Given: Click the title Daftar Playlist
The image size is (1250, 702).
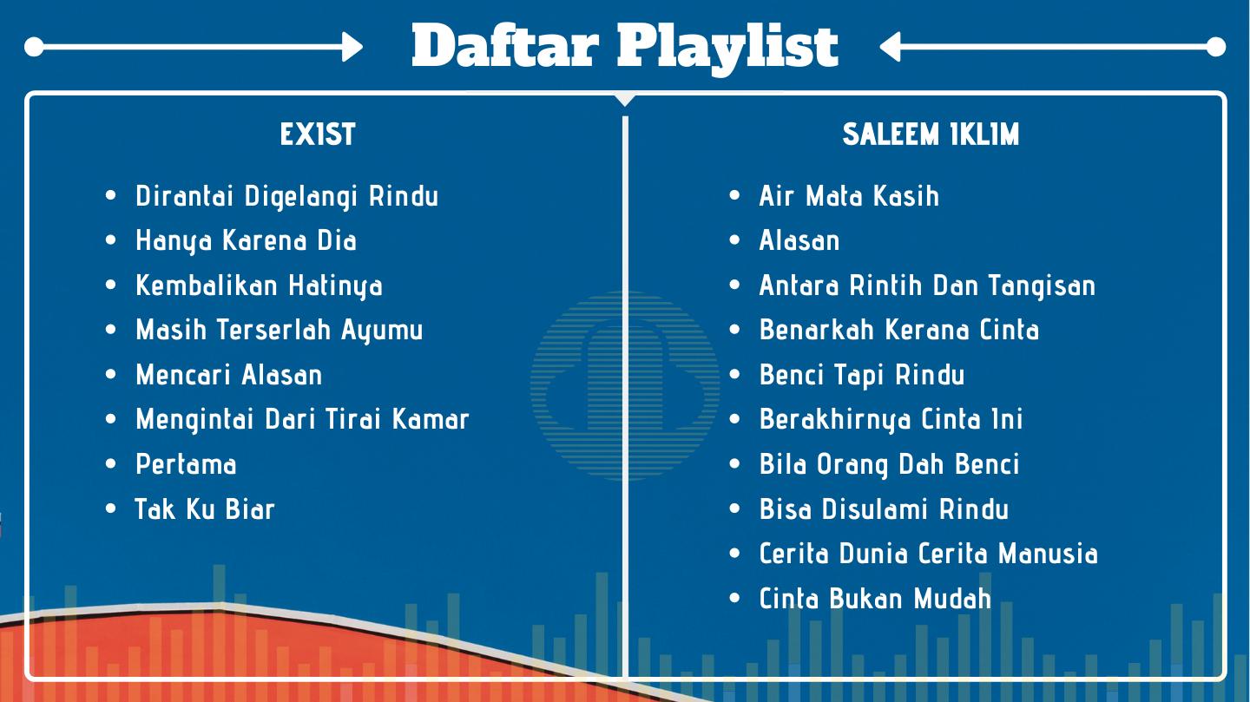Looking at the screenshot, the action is (x=625, y=47).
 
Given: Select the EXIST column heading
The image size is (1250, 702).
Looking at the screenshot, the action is (x=318, y=134).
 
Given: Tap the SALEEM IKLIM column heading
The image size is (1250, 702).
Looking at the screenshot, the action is (x=931, y=134).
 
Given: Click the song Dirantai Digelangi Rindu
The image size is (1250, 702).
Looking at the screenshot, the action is (x=286, y=196).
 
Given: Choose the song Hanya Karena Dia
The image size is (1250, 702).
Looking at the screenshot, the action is (x=247, y=241).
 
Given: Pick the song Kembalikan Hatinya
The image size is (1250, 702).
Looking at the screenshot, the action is (x=259, y=285).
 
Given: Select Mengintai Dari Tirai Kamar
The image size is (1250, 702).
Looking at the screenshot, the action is (x=302, y=420).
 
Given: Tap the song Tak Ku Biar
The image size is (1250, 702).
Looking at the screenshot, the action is (x=205, y=508).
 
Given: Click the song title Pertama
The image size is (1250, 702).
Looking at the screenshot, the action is (x=186, y=464).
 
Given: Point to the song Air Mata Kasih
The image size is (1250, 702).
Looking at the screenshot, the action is (x=849, y=196).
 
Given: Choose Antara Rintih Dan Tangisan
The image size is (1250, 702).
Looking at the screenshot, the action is (x=927, y=285).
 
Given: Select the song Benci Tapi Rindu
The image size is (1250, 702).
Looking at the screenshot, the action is (x=862, y=375).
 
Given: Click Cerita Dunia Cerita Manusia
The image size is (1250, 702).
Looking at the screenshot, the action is (x=928, y=554).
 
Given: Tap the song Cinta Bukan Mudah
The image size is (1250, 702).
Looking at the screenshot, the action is (x=875, y=598).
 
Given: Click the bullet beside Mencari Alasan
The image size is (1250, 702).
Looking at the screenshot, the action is (x=110, y=375).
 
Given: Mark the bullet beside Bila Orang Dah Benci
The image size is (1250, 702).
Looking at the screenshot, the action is (x=734, y=463).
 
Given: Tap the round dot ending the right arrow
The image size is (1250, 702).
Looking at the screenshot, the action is (x=1216, y=47).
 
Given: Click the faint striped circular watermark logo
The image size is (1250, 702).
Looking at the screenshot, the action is (x=625, y=385).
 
